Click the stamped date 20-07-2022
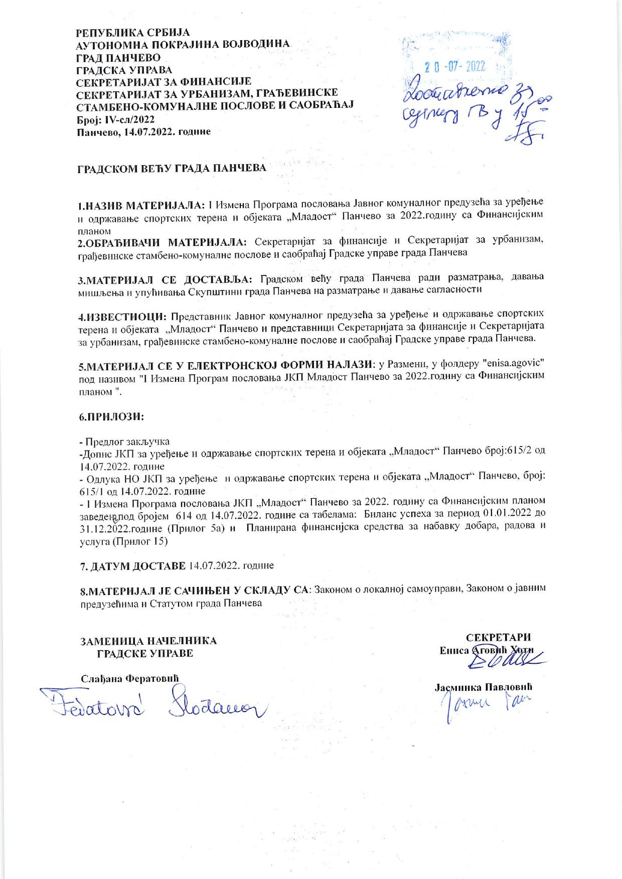click(455, 67)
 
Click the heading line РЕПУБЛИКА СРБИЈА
click(133, 33)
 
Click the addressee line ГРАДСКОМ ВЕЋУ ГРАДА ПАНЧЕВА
click(172, 168)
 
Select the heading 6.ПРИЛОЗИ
click(112, 416)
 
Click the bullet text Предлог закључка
click(127, 442)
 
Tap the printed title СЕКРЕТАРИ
click(498, 638)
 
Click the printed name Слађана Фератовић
click(130, 678)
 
